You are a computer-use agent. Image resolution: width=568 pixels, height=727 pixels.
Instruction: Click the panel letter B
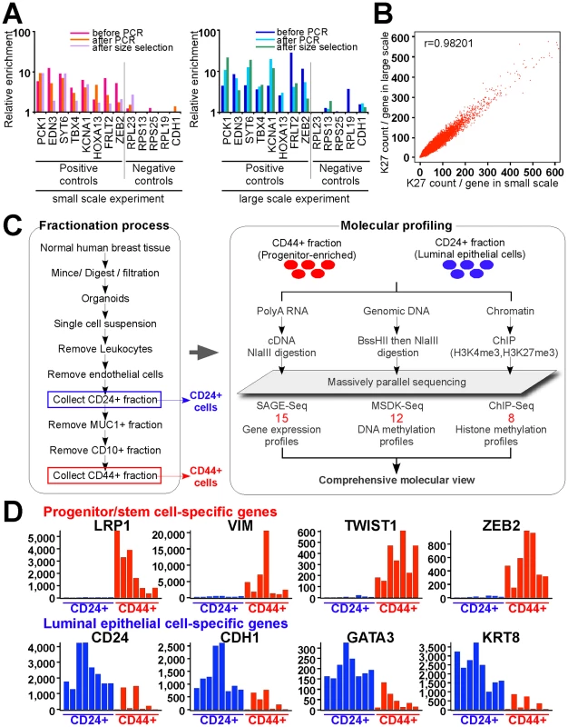(x=384, y=14)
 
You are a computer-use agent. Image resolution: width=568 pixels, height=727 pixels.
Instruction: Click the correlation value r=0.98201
(x=448, y=44)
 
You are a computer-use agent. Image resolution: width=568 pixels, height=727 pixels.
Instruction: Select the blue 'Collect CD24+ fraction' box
(x=104, y=400)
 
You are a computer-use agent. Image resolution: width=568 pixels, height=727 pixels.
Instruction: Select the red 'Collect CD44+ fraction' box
(x=104, y=475)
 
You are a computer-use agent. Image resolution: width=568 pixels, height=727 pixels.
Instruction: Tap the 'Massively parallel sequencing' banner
(x=397, y=382)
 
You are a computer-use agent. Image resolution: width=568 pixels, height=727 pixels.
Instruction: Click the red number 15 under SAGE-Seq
(x=281, y=418)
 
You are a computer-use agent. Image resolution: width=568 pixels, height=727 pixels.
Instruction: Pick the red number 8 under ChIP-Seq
(x=511, y=418)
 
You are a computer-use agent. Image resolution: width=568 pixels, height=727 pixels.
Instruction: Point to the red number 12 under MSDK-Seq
(x=397, y=418)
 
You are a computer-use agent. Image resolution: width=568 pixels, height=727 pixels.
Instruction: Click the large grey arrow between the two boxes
(x=203, y=353)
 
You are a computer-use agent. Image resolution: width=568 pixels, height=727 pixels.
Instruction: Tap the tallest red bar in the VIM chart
(x=266, y=564)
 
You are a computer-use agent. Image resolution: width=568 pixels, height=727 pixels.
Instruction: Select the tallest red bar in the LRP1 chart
(x=117, y=564)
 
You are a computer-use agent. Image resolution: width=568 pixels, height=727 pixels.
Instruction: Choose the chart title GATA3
(x=370, y=638)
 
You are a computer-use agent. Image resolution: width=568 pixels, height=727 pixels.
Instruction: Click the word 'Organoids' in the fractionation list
(x=105, y=298)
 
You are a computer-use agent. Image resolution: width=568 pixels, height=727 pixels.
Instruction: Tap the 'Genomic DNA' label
(x=397, y=311)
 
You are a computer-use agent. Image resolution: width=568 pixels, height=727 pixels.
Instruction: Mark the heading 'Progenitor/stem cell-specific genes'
(x=160, y=512)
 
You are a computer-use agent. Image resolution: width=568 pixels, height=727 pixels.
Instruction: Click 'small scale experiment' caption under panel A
(x=108, y=199)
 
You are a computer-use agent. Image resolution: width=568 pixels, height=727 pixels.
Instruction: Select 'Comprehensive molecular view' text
(x=397, y=480)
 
